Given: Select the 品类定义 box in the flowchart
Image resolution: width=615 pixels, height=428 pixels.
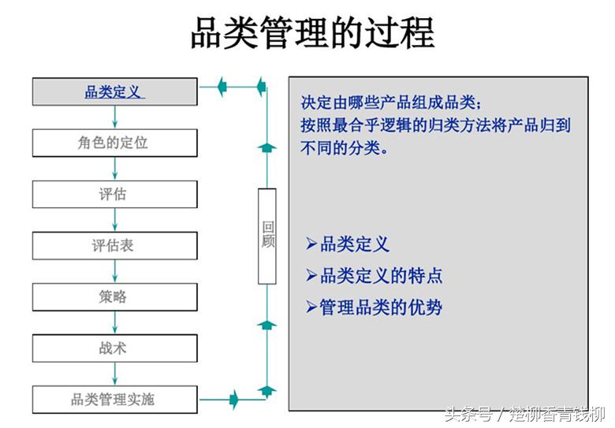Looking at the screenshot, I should [x=114, y=91].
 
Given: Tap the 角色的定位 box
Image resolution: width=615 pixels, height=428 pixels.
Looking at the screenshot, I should [x=114, y=143].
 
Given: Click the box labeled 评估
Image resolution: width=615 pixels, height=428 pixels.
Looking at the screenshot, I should [x=114, y=194].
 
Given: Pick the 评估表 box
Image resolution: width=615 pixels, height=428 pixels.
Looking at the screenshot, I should [x=114, y=245].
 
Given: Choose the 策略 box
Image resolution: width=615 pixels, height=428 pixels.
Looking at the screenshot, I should [x=114, y=296].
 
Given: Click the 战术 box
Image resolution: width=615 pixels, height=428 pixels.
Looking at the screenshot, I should [x=114, y=348].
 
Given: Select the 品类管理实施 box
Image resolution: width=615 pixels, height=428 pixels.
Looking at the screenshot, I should [x=114, y=399].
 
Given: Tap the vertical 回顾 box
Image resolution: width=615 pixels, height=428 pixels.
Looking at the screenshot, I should [x=267, y=236].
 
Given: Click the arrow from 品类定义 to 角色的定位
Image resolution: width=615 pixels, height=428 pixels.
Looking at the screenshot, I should [x=115, y=117].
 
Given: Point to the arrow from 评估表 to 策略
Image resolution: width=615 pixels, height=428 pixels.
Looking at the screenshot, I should [x=115, y=271].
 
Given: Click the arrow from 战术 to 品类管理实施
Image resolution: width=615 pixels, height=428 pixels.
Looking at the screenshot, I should [x=115, y=374].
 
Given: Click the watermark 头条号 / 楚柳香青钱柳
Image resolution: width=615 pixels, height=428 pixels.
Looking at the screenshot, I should [x=524, y=414].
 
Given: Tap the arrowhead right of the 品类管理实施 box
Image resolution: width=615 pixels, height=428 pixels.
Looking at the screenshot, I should [x=233, y=399].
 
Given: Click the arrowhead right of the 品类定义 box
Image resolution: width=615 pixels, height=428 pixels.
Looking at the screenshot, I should [x=222, y=84].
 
